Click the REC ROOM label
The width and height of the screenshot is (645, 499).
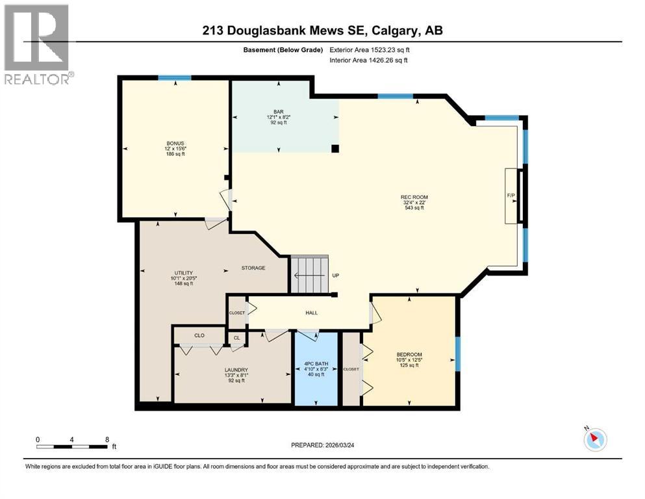point(414,197)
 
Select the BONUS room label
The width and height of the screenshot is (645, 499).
point(175,142)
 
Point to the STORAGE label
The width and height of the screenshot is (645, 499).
point(253,268)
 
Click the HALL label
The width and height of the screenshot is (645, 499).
point(311,313)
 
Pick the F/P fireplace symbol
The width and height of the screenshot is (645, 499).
point(511,196)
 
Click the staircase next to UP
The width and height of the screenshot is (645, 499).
point(309,274)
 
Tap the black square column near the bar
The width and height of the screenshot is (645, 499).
point(335,148)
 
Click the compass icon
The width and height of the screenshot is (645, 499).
point(595,440)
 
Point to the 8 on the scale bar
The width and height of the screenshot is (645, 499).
point(107,439)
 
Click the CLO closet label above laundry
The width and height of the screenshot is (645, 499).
point(200,335)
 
